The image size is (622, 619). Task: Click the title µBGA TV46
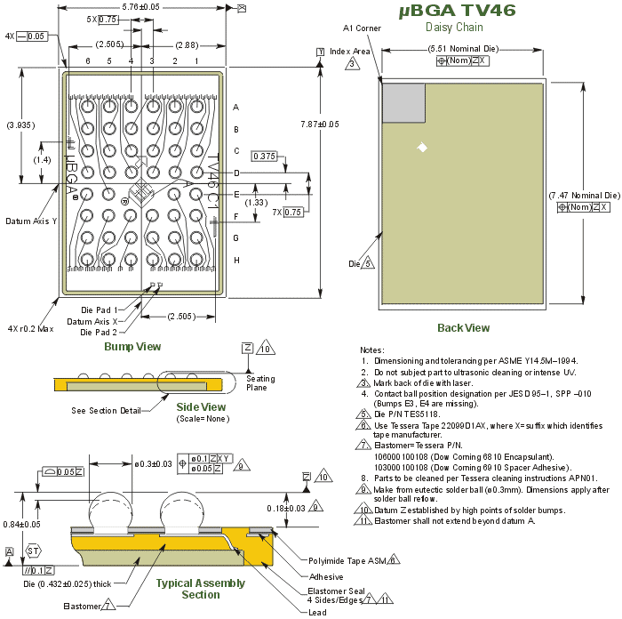coord(456,11)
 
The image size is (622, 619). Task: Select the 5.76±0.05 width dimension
coord(140,6)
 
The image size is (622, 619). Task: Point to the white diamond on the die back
coord(423,147)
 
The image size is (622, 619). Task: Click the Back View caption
coord(463,328)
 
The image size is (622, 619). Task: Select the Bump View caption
coord(132,346)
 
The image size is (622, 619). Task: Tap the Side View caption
coord(201,406)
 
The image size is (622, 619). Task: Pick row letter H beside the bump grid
coord(235,260)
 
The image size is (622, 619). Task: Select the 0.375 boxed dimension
coord(264,156)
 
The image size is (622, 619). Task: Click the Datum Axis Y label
coord(30,221)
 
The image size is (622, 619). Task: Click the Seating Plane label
coord(260,383)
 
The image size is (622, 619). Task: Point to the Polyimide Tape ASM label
coord(347,560)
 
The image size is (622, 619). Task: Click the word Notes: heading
coord(371,350)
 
